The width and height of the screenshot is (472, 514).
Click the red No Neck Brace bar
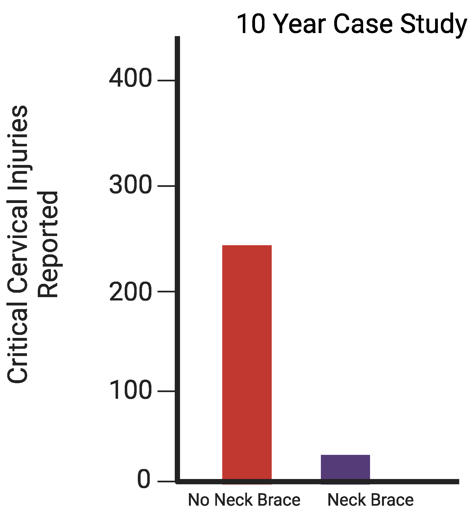point(247,364)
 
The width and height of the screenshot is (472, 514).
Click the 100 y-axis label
point(130,390)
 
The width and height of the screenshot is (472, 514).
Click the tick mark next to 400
point(166,81)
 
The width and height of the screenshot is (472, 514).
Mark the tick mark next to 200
point(166,291)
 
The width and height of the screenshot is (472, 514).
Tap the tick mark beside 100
point(166,391)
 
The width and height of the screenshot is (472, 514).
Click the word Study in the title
point(433,24)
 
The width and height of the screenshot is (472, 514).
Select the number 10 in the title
point(251,24)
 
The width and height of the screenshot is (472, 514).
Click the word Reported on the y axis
point(48,244)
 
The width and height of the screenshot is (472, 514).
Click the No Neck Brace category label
point(244,500)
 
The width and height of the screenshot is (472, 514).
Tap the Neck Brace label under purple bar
point(370,500)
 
